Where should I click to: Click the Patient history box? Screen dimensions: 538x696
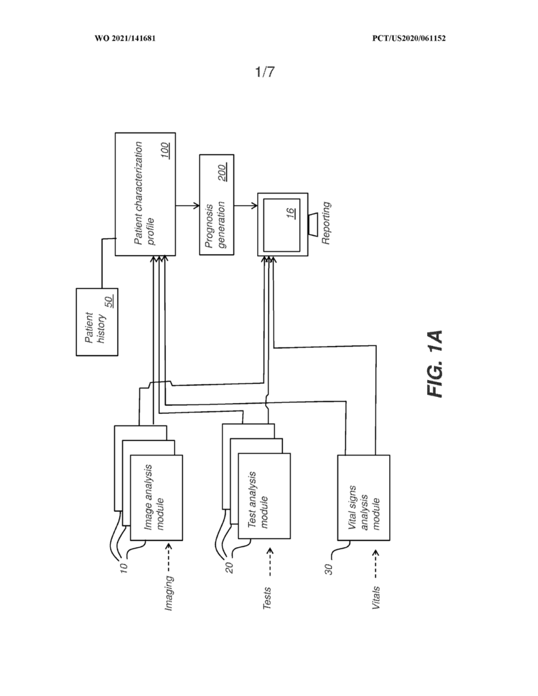pyautogui.click(x=97, y=321)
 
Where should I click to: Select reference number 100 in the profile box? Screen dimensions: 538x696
pyautogui.click(x=165, y=151)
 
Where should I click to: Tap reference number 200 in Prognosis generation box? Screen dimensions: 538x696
pyautogui.click(x=222, y=173)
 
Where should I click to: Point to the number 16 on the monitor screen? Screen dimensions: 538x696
pyautogui.click(x=291, y=213)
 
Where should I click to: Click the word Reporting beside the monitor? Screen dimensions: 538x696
pyautogui.click(x=326, y=223)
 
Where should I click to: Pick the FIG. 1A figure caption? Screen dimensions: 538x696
pyautogui.click(x=435, y=364)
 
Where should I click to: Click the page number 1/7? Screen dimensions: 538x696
pyautogui.click(x=265, y=71)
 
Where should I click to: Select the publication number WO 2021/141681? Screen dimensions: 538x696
pyautogui.click(x=125, y=38)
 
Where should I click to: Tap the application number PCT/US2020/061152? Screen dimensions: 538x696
pyautogui.click(x=409, y=38)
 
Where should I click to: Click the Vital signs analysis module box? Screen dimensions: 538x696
pyautogui.click(x=364, y=498)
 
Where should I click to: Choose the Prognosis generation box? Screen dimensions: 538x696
pyautogui.click(x=217, y=205)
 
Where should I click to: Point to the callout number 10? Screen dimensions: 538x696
pyautogui.click(x=124, y=568)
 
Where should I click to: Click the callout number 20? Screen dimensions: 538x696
pyautogui.click(x=229, y=568)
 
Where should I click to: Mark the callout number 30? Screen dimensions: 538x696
pyautogui.click(x=329, y=570)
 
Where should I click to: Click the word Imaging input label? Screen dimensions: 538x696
pyautogui.click(x=169, y=593)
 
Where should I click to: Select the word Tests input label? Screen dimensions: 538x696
pyautogui.click(x=267, y=598)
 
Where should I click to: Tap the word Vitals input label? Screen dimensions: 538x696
pyautogui.click(x=376, y=597)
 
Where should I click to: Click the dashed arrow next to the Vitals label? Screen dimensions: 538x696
pyautogui.click(x=376, y=564)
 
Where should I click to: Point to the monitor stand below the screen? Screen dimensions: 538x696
pyautogui.click(x=312, y=225)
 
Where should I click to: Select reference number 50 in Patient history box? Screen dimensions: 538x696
pyautogui.click(x=109, y=302)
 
